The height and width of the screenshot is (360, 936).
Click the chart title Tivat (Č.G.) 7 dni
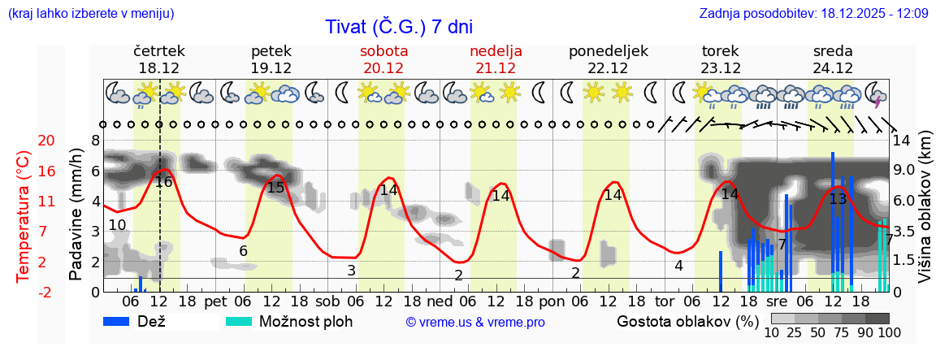[x=398, y=27]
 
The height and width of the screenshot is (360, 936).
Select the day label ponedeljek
[x=608, y=50]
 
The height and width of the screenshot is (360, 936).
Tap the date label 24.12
[x=833, y=68]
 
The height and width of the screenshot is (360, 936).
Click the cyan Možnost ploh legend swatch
[x=239, y=321]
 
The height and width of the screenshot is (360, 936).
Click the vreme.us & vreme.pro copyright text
[x=475, y=323]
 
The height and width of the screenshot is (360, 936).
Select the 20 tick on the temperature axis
[x=24, y=141]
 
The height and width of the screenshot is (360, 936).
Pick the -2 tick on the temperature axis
[x=24, y=292]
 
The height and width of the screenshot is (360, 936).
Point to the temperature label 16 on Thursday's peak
[x=163, y=182]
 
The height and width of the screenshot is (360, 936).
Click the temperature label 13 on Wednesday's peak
[x=838, y=198]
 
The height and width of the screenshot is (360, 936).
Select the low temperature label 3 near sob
[x=351, y=271]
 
